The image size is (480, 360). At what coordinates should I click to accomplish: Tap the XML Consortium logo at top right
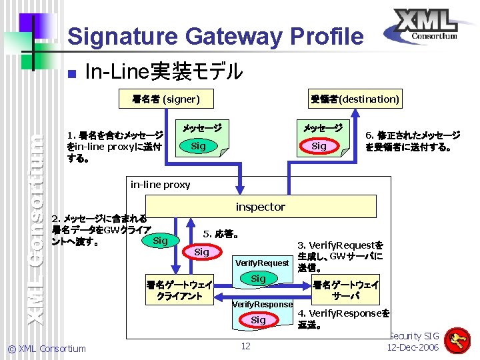point(424,27)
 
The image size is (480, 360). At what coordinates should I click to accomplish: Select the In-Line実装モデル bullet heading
point(164,71)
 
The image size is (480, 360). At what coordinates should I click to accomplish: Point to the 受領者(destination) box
point(355,99)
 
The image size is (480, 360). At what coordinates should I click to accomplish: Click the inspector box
point(260,207)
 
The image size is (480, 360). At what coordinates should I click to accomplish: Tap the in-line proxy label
point(160,185)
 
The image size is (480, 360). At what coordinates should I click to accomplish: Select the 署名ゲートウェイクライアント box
point(179,290)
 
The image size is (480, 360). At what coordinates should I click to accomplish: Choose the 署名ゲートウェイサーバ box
point(346,290)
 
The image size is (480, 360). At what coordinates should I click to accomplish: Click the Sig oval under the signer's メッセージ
point(198,146)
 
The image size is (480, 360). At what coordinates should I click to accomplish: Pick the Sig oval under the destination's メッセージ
point(319,146)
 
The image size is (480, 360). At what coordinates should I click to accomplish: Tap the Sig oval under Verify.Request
point(258,279)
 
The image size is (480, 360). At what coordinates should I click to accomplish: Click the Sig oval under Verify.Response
point(258,320)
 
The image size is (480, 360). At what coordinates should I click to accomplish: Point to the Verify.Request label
point(262,263)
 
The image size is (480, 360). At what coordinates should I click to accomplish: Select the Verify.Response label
point(262,305)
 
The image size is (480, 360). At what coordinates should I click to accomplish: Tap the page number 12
point(245,345)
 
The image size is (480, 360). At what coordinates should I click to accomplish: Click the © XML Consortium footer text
point(47,348)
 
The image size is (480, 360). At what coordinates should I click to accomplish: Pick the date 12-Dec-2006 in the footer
point(413,348)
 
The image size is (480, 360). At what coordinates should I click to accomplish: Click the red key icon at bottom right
point(457,341)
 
